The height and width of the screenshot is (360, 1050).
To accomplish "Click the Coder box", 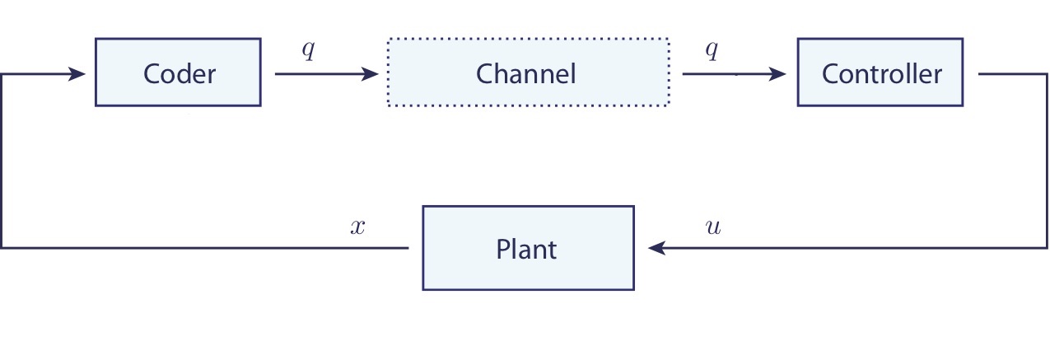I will coord(178,72).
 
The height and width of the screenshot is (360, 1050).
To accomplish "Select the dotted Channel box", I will coord(528,72).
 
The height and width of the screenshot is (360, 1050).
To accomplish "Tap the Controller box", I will coord(880,72).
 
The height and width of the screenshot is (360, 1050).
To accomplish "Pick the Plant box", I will coord(528,248).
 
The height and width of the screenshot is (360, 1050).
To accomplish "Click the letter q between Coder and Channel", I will coord(308,49).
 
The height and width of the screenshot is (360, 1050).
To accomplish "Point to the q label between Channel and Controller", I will coord(712,49).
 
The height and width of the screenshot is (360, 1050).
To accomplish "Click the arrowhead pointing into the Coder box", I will coord(77,74).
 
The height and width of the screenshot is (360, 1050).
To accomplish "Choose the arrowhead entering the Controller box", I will coord(778,74).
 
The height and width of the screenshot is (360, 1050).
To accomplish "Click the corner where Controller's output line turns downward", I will coord(1046,74).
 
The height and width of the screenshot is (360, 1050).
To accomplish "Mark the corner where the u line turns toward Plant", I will coord(1046,247).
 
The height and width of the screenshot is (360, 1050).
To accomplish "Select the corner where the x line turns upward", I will coord(2,247).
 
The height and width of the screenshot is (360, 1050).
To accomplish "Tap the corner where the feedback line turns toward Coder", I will coord(2,74).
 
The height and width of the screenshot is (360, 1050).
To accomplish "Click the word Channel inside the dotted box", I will coord(525,74).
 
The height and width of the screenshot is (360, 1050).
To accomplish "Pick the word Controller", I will coord(881,74).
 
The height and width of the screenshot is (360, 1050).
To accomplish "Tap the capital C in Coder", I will coord(152,74).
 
